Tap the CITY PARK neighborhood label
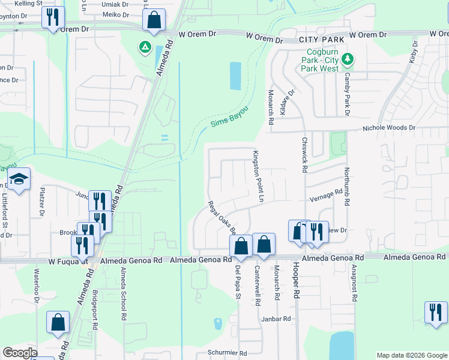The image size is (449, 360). click(321, 40)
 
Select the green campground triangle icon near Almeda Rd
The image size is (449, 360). click(145, 47)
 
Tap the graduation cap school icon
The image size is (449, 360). click(19, 179)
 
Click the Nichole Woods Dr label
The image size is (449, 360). click(388, 128)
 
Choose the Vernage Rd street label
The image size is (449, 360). click(325, 194)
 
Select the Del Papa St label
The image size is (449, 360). click(238, 282)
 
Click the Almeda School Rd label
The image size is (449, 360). click(123, 292)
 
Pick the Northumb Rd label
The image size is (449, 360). click(346, 187)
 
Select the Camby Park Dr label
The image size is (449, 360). click(347, 94)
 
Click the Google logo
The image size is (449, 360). click(20, 353)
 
